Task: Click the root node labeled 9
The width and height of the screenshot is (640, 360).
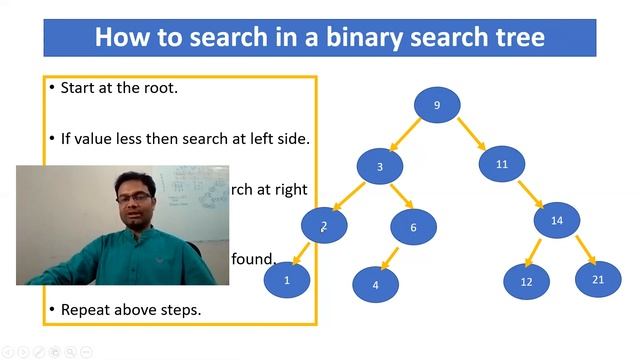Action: [x=437, y=105]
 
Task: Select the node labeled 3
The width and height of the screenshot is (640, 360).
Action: [x=380, y=166]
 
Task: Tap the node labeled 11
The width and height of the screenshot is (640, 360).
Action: [x=502, y=163]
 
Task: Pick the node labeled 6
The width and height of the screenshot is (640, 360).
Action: [x=413, y=227]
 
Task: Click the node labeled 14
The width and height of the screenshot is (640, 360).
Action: [x=557, y=220]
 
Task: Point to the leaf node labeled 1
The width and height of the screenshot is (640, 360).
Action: [x=287, y=280]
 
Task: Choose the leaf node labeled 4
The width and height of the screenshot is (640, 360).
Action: [x=376, y=285]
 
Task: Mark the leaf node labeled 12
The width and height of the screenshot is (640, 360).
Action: [x=526, y=282]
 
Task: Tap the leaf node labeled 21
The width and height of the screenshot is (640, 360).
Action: [x=598, y=279]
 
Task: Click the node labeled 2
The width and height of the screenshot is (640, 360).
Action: [x=323, y=226]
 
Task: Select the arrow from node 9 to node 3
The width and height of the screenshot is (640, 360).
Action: [x=405, y=135]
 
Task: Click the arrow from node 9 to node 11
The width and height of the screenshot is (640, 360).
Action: [x=471, y=133]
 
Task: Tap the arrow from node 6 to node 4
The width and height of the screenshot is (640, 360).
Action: [x=393, y=256]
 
